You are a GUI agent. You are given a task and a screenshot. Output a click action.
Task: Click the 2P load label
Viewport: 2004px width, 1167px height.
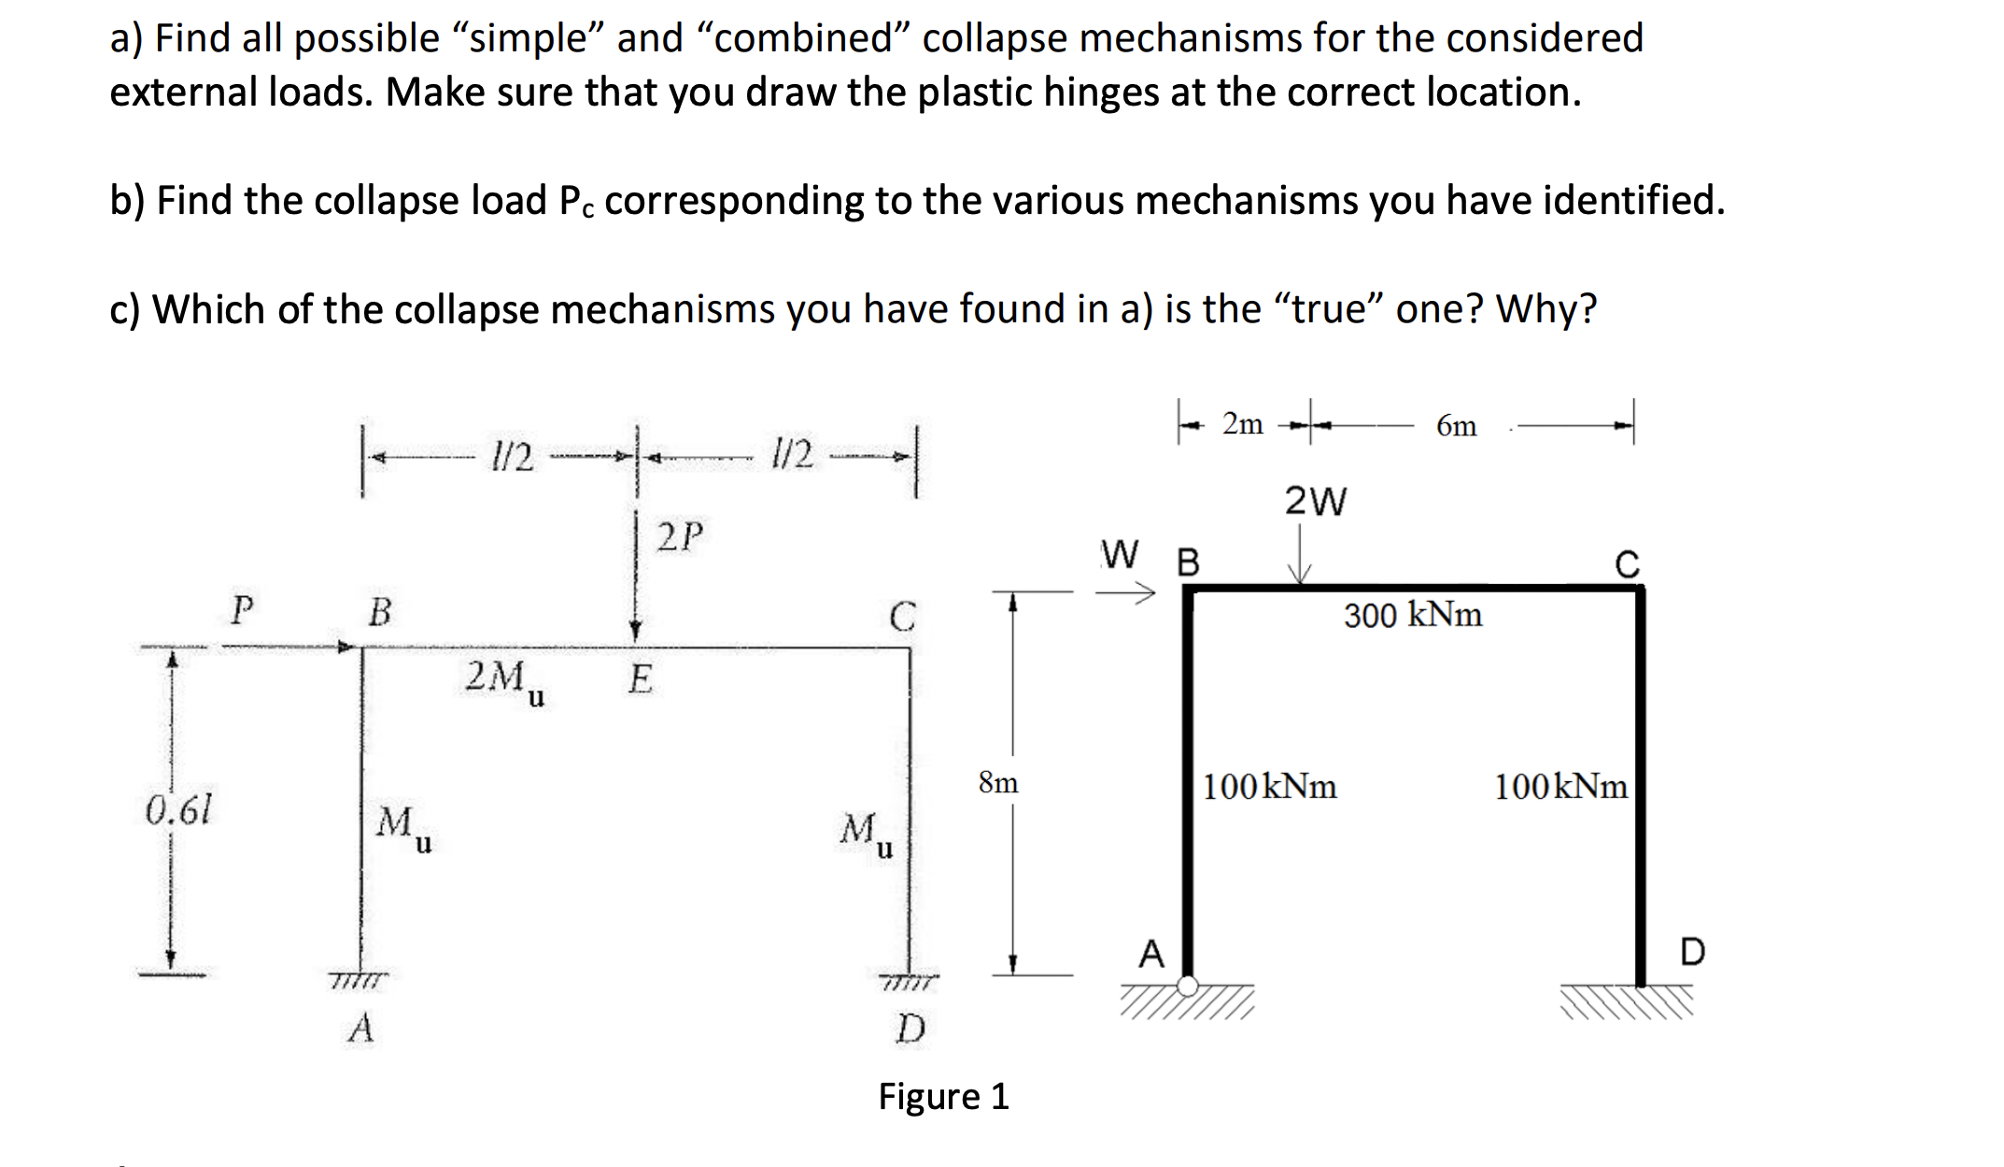[679, 537]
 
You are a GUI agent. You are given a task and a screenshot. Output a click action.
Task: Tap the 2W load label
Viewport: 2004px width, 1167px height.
[1315, 502]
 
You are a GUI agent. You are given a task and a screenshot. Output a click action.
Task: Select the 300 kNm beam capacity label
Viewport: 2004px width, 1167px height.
[1412, 615]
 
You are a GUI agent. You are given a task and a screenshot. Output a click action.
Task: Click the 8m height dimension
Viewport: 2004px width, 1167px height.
[998, 782]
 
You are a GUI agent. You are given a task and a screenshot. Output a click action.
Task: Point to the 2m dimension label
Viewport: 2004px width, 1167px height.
[1242, 424]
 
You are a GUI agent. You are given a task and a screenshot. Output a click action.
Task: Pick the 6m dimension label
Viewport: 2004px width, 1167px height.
[1456, 426]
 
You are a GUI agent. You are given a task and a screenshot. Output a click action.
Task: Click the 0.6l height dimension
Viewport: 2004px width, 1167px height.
[178, 810]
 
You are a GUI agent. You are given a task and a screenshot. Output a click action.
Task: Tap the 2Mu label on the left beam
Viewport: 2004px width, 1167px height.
[504, 679]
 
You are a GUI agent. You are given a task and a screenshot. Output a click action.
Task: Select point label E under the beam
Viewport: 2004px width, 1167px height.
[640, 678]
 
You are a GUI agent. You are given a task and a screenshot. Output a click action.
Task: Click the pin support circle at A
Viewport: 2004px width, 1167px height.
[1188, 986]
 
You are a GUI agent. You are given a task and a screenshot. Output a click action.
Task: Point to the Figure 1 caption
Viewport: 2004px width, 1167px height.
[943, 1096]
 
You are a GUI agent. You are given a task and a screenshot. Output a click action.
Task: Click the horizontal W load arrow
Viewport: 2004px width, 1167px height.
[1126, 591]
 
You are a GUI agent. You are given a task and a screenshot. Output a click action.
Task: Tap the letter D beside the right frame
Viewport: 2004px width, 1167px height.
[1692, 952]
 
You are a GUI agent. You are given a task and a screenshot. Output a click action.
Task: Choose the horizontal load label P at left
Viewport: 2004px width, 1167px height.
[242, 610]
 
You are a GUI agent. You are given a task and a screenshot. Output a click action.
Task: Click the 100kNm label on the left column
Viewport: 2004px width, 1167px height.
[1269, 787]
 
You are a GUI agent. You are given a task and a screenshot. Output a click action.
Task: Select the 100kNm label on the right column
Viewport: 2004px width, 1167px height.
[1560, 787]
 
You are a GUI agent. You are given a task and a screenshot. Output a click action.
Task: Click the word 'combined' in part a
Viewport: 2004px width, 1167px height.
[802, 38]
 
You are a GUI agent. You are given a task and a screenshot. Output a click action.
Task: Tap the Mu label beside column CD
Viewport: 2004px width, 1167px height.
[866, 832]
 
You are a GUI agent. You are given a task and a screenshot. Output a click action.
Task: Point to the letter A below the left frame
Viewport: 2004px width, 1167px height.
[360, 1029]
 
